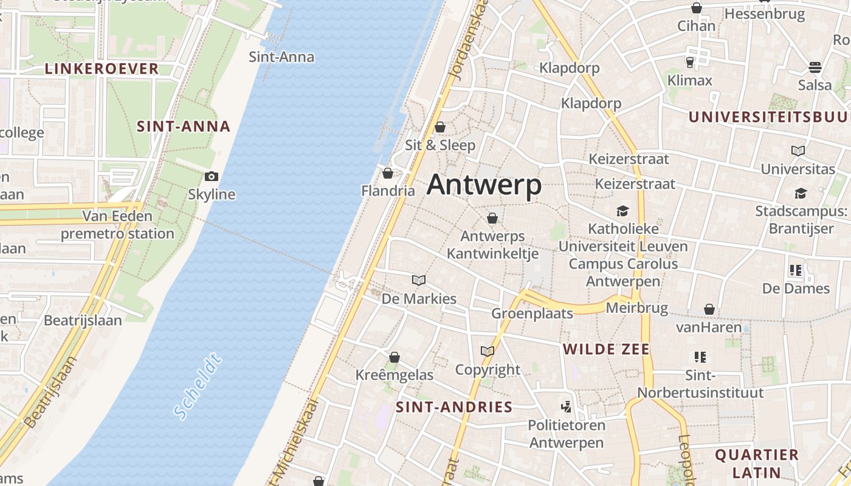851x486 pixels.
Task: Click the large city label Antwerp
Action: tap(484, 185)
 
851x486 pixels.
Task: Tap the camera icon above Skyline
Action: tap(212, 177)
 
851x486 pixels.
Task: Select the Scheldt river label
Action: tap(198, 387)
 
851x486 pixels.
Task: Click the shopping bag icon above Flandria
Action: tap(388, 174)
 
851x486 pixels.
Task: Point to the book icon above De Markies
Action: tap(419, 280)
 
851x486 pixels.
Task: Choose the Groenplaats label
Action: tap(532, 313)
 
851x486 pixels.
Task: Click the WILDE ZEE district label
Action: tap(606, 349)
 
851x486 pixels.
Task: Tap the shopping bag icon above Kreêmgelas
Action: tap(394, 357)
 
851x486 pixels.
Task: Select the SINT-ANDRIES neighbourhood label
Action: tap(454, 407)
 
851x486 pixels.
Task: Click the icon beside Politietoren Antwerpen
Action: tap(567, 406)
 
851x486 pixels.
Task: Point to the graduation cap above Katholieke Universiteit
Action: tap(622, 211)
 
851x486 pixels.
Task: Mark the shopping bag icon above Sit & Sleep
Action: tap(440, 128)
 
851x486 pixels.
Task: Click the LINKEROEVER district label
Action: tap(102, 69)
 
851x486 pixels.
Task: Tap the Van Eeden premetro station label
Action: tap(117, 225)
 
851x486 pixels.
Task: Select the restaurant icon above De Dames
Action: tap(796, 270)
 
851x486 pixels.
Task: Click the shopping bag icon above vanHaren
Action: tap(709, 310)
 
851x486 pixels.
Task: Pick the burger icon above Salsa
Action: tap(815, 67)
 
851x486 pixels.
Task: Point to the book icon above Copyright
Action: tap(488, 351)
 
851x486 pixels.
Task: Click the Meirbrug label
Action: tap(637, 309)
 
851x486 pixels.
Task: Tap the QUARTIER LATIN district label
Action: tap(756, 464)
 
